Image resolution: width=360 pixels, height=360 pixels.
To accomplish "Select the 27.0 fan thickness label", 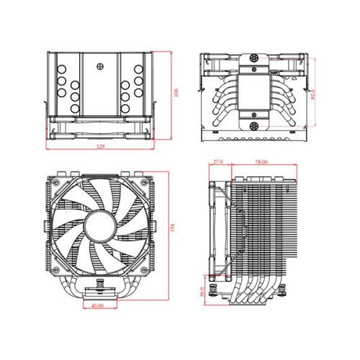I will pos(219,163).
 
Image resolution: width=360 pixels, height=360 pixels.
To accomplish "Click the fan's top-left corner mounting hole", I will pos(55,181).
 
